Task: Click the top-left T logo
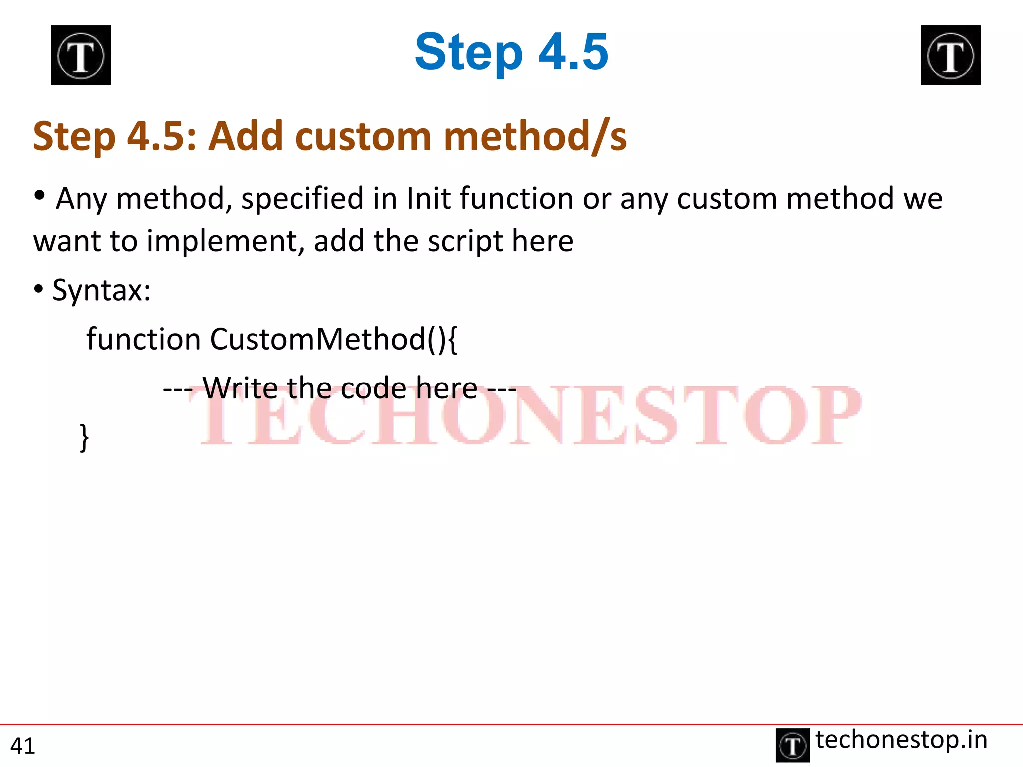coord(81,55)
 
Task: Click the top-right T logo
coord(950,55)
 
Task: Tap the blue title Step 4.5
coord(511,52)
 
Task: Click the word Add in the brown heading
coord(245,136)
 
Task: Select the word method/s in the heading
coord(534,136)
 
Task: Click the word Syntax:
coord(101,290)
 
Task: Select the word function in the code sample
coord(143,339)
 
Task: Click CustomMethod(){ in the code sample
coord(333,339)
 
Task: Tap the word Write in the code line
coord(240,388)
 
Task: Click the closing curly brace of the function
coord(84,437)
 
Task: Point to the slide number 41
coord(23,746)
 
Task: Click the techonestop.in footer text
coord(901,740)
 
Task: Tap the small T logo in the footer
coord(792,745)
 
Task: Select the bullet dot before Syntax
coord(38,289)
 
